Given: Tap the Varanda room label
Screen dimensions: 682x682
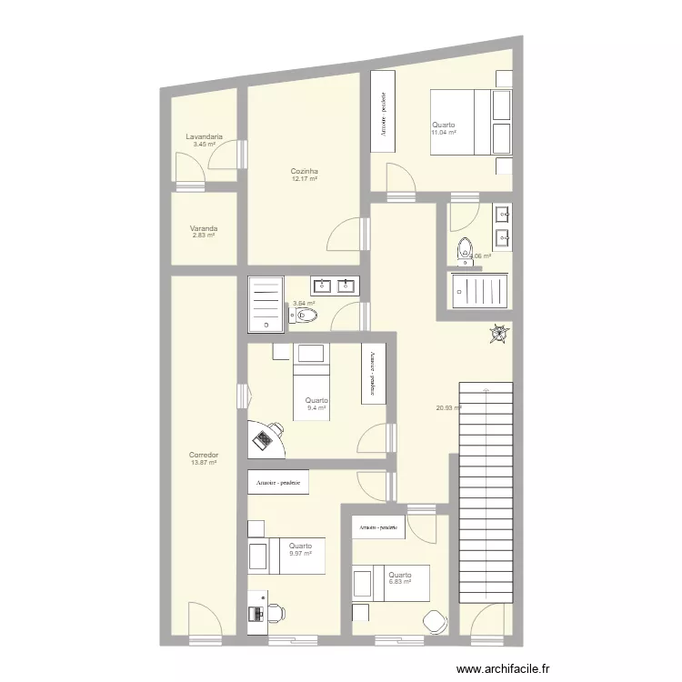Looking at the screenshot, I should click(x=204, y=228).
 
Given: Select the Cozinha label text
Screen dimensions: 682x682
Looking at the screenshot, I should click(x=304, y=171).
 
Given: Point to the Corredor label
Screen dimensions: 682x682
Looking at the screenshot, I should click(x=204, y=455).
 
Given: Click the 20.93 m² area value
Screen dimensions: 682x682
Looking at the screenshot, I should click(x=449, y=407).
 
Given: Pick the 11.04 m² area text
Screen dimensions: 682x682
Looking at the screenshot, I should click(x=443, y=133).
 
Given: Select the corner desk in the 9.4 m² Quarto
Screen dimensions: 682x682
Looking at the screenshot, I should click(x=265, y=438).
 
